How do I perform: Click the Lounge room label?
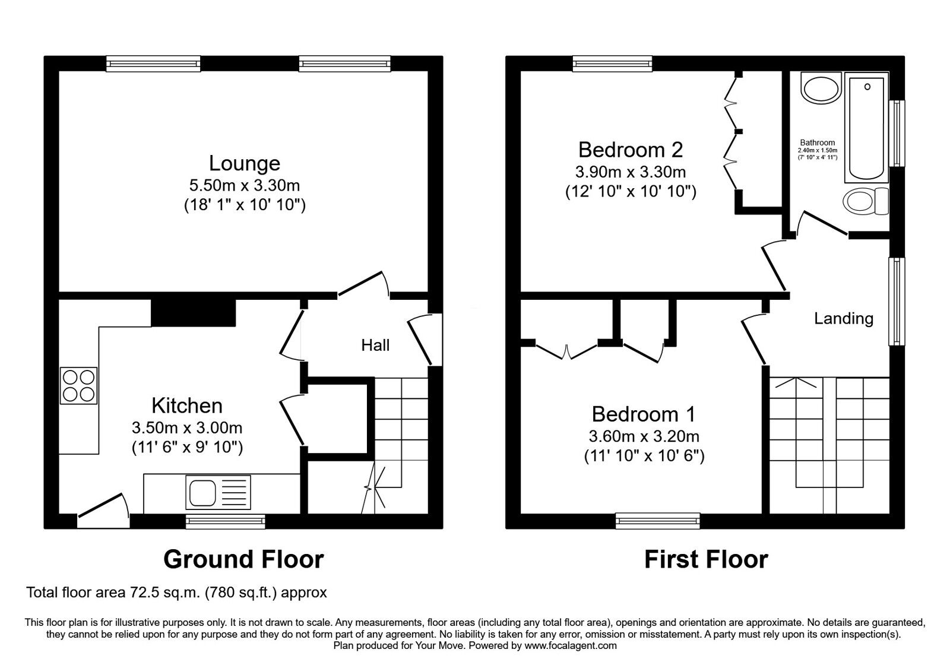tap(244, 163)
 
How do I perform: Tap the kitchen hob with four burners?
tap(78, 386)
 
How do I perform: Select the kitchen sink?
tap(202, 492)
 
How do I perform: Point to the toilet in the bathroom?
tap(864, 201)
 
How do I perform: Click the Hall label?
tap(375, 345)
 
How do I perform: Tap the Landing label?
tap(843, 319)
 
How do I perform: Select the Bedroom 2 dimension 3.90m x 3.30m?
tap(630, 172)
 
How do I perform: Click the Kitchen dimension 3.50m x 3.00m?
tap(187, 427)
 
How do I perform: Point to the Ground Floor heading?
tap(243, 559)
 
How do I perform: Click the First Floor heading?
tap(706, 559)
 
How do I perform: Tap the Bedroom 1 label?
tap(643, 414)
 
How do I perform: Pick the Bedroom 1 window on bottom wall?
tap(658, 521)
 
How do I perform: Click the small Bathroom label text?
tap(817, 142)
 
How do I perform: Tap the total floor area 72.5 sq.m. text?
tap(176, 593)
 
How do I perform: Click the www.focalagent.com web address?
tap(571, 645)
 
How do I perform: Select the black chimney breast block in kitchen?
tap(194, 313)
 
